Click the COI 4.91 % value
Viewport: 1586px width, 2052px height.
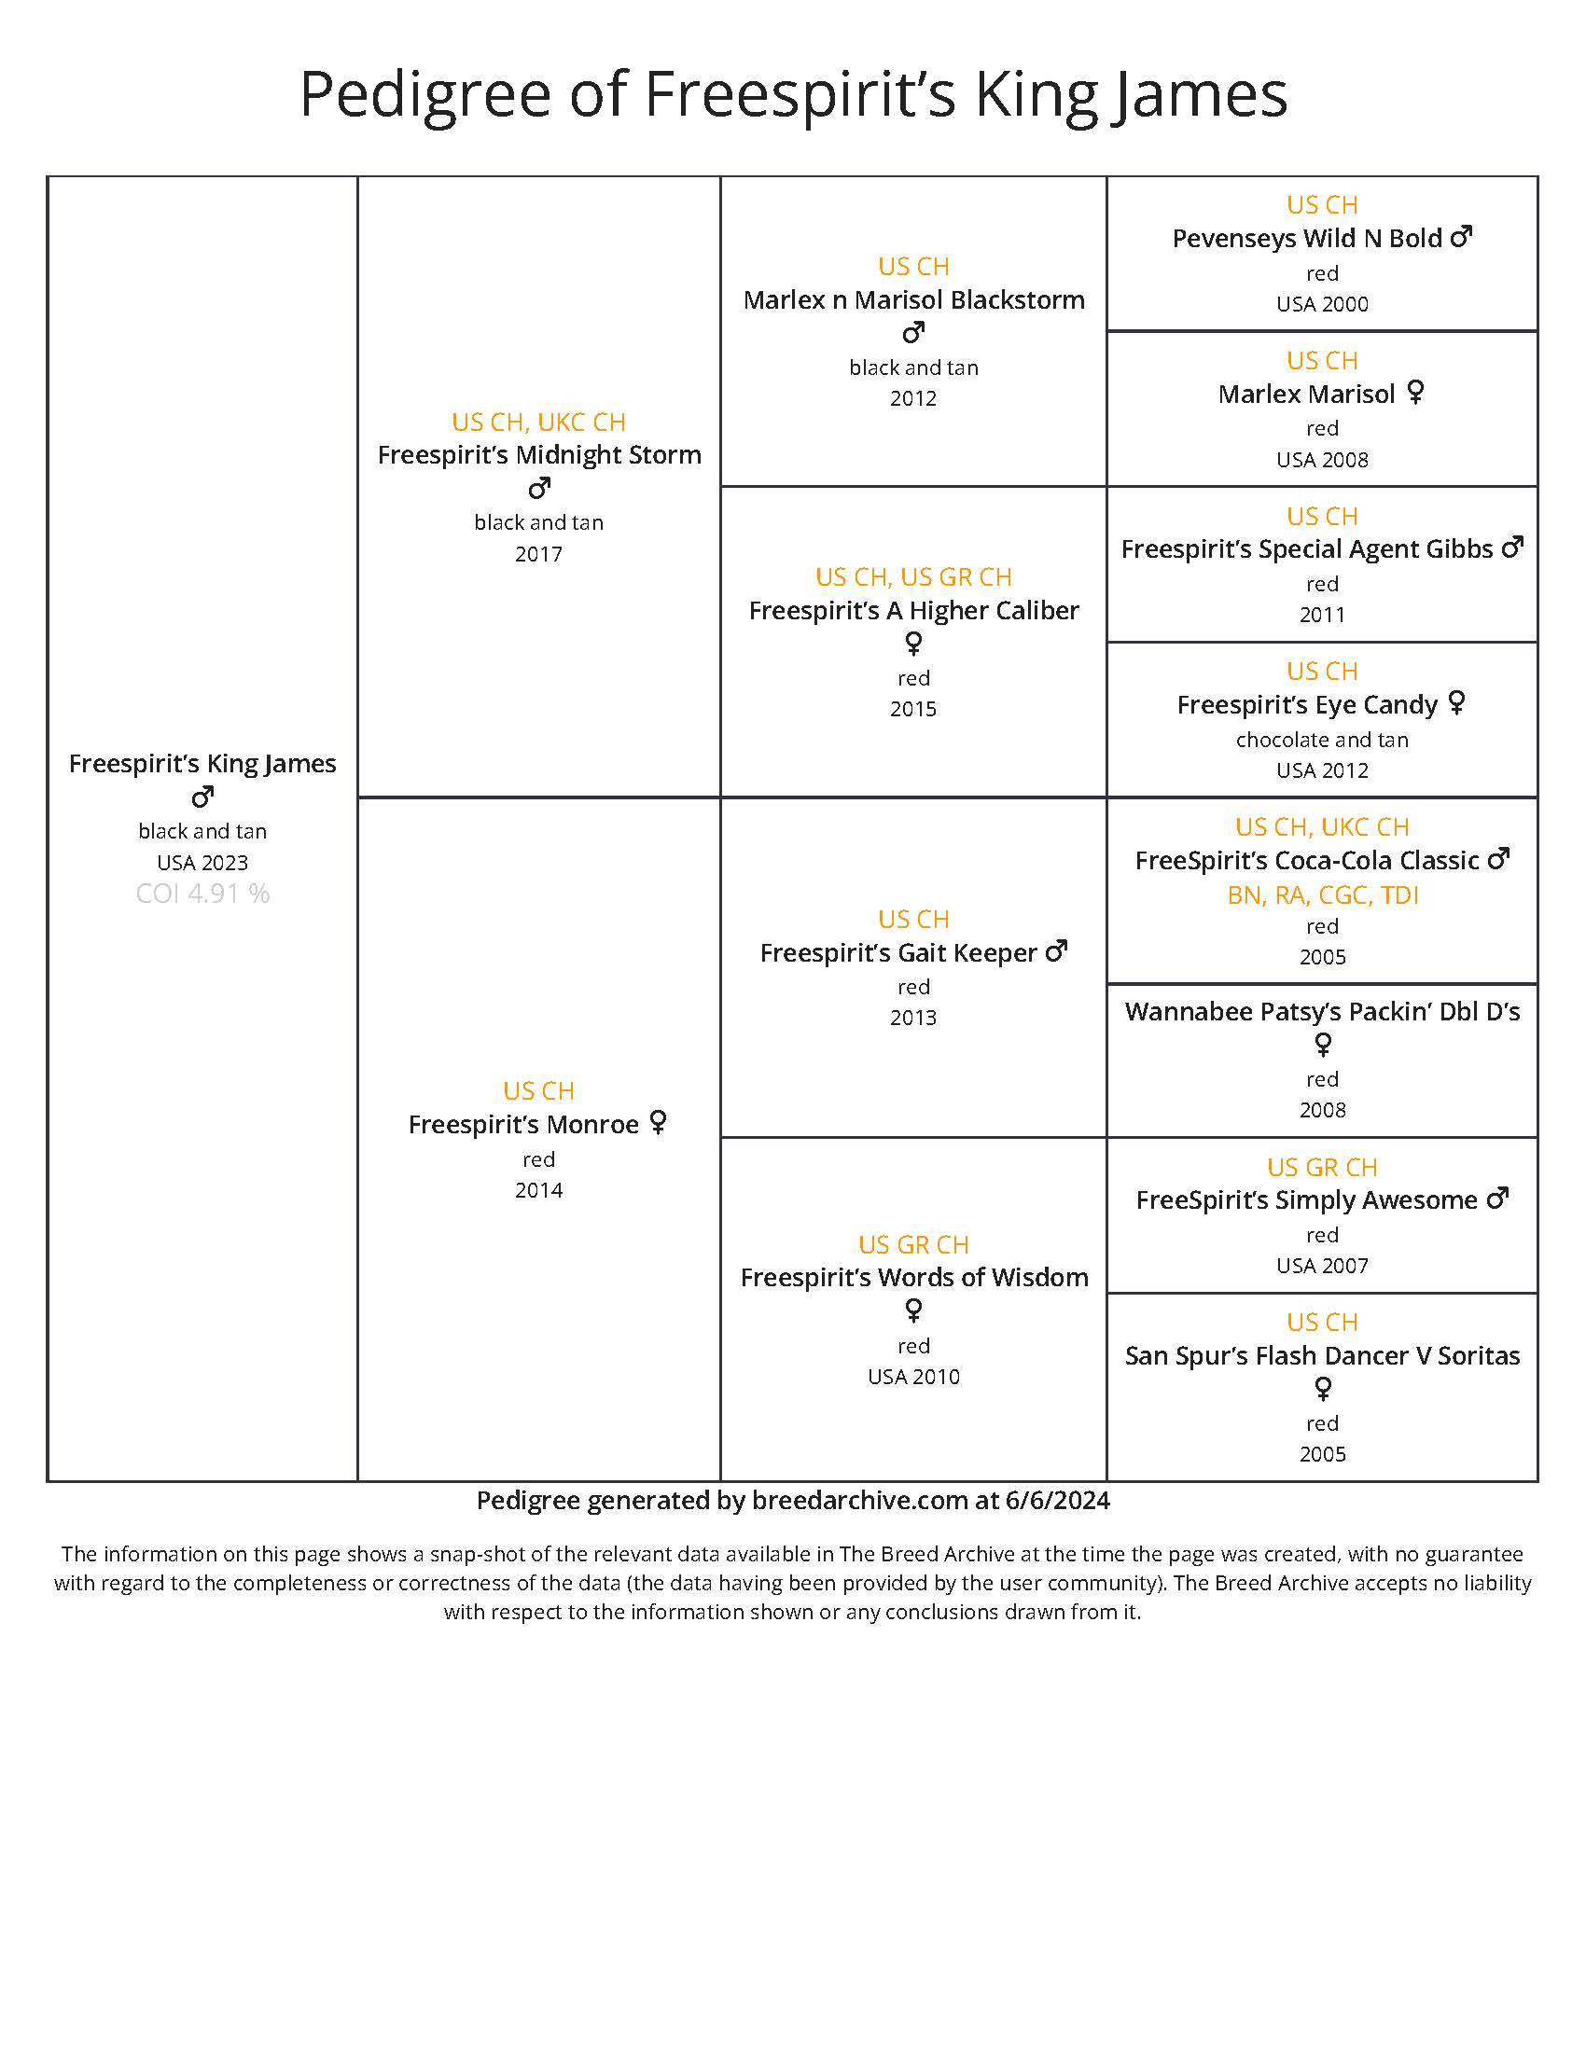click(x=202, y=894)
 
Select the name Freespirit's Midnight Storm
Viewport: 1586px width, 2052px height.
click(x=538, y=455)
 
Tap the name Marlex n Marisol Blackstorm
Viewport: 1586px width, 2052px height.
click(x=913, y=299)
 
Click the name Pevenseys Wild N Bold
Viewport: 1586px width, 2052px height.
click(x=1306, y=239)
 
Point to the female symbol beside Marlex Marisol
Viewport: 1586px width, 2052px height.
click(x=1415, y=392)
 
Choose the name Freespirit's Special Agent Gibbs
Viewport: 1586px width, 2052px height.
click(x=1306, y=548)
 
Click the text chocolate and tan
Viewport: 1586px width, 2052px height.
click(x=1322, y=740)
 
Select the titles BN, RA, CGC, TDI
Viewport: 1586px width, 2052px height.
click(x=1322, y=895)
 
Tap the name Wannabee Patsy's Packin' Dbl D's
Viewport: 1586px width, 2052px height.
click(x=1322, y=1012)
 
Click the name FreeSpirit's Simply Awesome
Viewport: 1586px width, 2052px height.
click(x=1306, y=1199)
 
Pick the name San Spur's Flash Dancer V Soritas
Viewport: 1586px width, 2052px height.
click(x=1322, y=1356)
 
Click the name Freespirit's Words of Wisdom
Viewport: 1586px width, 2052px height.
click(x=913, y=1278)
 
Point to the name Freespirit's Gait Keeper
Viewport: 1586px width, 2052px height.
click(x=897, y=952)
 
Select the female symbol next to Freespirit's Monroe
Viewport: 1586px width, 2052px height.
click(x=658, y=1122)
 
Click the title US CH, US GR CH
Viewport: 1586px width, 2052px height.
click(x=913, y=576)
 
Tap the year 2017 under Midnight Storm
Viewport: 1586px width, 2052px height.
click(x=538, y=554)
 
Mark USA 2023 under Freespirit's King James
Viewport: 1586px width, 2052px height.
click(x=202, y=863)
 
